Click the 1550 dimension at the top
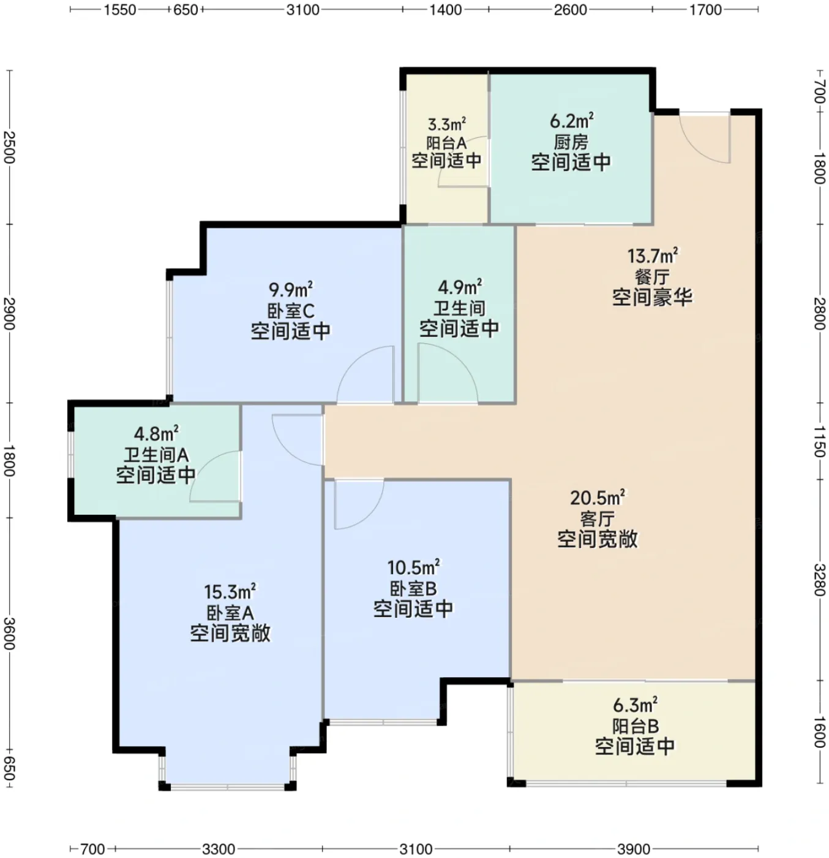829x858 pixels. [x=120, y=10]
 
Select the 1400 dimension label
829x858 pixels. [x=446, y=10]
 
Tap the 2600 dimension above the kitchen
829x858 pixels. [x=571, y=10]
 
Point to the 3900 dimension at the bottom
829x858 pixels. [x=634, y=849]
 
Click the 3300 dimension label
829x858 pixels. [x=219, y=849]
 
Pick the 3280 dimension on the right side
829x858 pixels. [x=819, y=580]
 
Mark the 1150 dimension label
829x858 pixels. [x=819, y=441]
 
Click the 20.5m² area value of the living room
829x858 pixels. [x=598, y=498]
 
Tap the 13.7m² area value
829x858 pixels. [x=653, y=256]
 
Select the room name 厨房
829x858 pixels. [x=571, y=142]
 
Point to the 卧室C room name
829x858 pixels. [x=291, y=311]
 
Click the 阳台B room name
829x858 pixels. [x=635, y=726]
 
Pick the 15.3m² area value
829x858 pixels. [x=230, y=591]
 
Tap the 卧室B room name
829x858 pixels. [x=413, y=588]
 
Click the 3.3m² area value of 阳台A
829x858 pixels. [x=447, y=125]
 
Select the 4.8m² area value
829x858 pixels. [x=156, y=434]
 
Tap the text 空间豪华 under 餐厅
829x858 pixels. [x=653, y=297]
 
